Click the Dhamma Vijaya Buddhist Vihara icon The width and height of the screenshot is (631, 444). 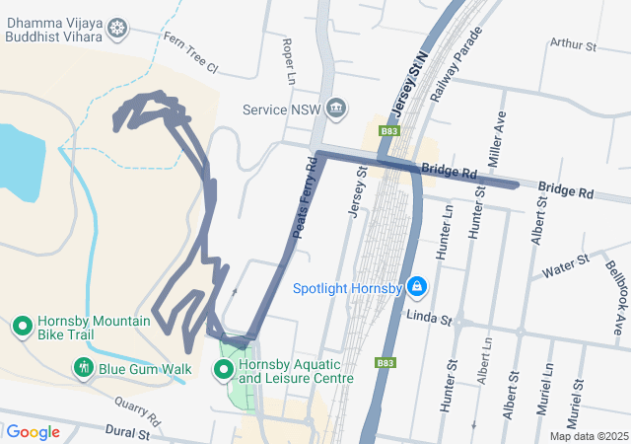pyautogui.click(x=118, y=29)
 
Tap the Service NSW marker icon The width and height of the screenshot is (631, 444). pyautogui.click(x=336, y=108)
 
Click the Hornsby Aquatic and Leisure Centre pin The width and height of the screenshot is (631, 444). pyautogui.click(x=225, y=371)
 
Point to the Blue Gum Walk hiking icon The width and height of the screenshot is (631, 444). pyautogui.click(x=84, y=369)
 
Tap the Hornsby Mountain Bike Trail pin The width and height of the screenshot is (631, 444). pyautogui.click(x=23, y=326)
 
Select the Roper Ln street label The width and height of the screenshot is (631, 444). pyautogui.click(x=289, y=60)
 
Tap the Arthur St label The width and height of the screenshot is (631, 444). pyautogui.click(x=574, y=44)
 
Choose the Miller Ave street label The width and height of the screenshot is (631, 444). pyautogui.click(x=496, y=132)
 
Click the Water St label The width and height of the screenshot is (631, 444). pyautogui.click(x=565, y=264)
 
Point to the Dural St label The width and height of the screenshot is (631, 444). pyautogui.click(x=128, y=433)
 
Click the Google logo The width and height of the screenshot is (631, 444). pyautogui.click(x=34, y=432)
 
